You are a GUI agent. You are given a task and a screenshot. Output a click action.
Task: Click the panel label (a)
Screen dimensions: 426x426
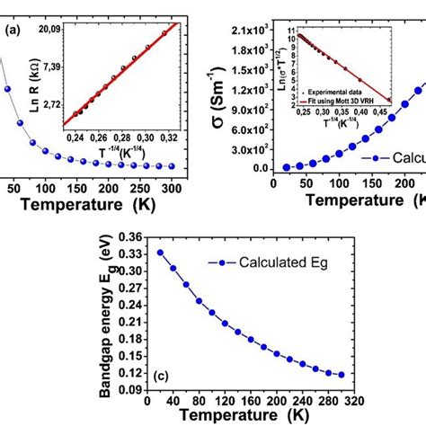[x=13, y=30]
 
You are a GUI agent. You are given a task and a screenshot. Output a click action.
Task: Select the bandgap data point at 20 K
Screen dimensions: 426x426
[x=160, y=253]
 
